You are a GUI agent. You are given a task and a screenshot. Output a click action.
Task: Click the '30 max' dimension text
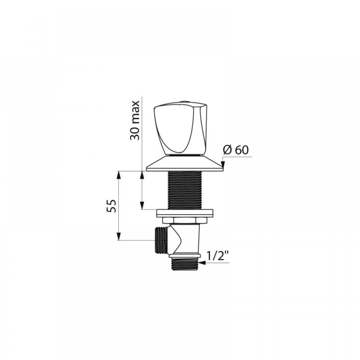click(135, 120)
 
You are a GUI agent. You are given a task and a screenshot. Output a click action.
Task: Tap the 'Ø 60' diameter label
click(235, 150)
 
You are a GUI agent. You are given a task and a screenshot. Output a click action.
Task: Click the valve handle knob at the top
click(180, 130)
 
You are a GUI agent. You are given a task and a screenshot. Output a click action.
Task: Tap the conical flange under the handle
click(185, 163)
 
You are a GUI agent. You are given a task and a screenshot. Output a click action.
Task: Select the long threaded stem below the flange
click(185, 190)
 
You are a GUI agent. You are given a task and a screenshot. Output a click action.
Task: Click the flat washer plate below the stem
click(185, 213)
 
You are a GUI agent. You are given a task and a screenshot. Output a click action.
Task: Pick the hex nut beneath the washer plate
click(185, 220)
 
